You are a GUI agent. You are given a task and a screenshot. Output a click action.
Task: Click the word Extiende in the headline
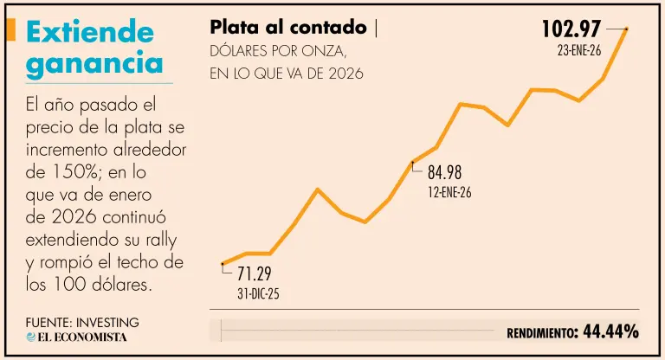[90, 32]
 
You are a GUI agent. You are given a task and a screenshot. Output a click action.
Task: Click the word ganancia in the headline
[94, 63]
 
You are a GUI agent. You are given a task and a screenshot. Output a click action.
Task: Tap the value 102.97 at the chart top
[571, 29]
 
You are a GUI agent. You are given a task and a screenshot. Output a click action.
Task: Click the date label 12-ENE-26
[449, 191]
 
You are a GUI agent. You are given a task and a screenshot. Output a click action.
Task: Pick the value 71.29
[255, 275]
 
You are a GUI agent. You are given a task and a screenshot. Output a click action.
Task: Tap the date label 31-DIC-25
[258, 294]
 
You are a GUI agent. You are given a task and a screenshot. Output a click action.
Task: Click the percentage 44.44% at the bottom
[611, 331]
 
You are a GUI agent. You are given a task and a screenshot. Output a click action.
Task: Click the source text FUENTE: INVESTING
[82, 322]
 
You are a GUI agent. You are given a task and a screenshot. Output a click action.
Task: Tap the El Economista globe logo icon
[31, 337]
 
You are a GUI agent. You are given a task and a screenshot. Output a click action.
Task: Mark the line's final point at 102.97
[626, 29]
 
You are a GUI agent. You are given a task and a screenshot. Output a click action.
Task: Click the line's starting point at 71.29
[223, 263]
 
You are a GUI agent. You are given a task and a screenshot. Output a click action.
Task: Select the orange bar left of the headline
[10, 30]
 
